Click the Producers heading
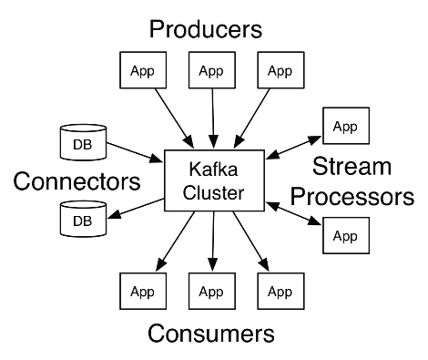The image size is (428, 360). click(206, 29)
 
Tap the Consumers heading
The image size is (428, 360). click(211, 334)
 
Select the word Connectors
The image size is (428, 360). click(76, 181)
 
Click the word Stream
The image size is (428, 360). click(352, 166)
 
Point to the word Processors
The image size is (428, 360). click(352, 197)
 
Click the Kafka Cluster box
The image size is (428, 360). click(214, 180)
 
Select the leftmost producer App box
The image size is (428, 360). click(143, 70)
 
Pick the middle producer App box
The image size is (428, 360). click(212, 70)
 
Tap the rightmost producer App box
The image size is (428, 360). click(280, 70)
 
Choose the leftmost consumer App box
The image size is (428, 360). click(143, 291)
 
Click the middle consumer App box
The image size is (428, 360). click(212, 291)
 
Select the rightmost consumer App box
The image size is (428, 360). click(280, 291)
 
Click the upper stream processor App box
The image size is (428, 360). click(346, 126)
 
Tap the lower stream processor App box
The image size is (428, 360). click(346, 235)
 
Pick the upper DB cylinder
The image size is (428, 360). click(83, 142)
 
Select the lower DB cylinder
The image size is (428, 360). click(83, 219)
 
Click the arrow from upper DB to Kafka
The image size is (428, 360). click(135, 152)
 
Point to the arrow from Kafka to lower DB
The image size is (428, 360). click(136, 209)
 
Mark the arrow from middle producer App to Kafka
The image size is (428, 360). click(213, 118)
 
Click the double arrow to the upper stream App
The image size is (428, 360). click(293, 148)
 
